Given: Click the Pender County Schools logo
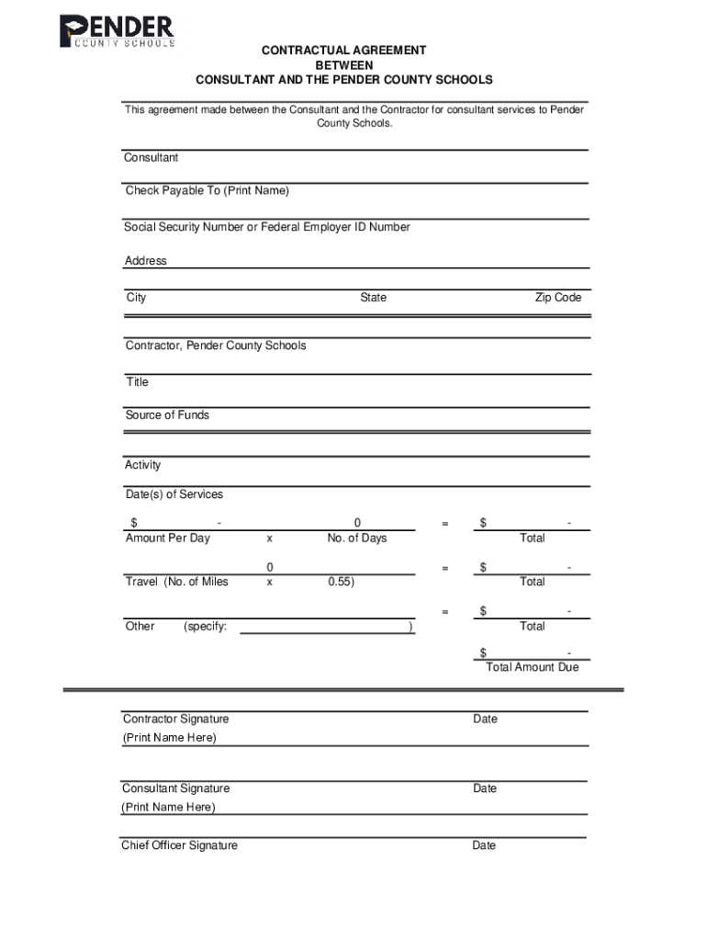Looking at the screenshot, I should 117,31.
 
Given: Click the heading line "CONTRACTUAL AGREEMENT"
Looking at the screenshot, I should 343,51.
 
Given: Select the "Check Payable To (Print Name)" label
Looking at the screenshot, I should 207,191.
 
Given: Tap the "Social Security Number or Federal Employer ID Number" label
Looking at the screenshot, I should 267,227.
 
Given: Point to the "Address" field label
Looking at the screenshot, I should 146,261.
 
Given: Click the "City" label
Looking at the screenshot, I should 136,298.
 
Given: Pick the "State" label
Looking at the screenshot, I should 373,298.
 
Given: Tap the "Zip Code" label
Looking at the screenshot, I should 558,298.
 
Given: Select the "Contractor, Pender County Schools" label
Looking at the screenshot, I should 216,346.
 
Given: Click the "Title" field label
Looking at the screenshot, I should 137,382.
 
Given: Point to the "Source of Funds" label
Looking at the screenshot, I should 167,415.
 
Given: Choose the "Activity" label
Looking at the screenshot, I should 142,465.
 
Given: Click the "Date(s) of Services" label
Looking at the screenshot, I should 174,494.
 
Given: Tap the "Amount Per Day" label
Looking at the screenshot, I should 167,538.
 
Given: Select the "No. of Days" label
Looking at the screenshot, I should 357,538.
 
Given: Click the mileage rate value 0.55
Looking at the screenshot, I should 342,582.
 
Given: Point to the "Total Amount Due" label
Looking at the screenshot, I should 533,667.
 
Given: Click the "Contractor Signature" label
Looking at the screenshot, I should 175,719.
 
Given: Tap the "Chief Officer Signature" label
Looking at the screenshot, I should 179,845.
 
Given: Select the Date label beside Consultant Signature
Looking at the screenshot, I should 485,788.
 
